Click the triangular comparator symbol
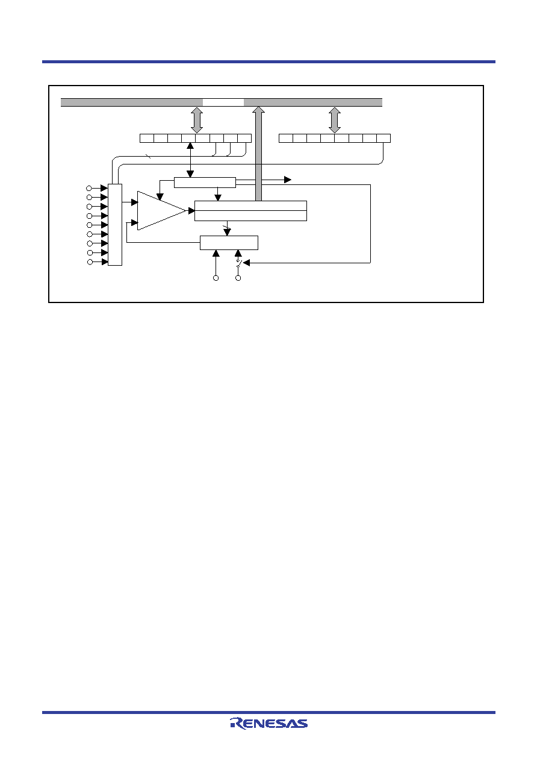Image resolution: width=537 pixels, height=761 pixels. [x=161, y=211]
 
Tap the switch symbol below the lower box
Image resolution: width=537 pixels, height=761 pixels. [x=238, y=263]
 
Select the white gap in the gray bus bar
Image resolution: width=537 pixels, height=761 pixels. [x=223, y=102]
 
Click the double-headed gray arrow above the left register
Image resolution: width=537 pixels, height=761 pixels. [x=197, y=120]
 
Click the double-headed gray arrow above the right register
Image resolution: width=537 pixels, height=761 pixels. [x=335, y=120]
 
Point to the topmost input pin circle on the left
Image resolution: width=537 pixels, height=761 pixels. [x=89, y=188]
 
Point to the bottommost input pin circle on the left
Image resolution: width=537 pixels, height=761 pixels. [x=90, y=262]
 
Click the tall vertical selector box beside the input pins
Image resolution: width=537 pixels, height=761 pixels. [x=115, y=225]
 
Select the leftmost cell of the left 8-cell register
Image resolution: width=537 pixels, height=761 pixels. [x=147, y=138]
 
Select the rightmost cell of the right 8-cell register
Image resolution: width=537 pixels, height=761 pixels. [x=383, y=138]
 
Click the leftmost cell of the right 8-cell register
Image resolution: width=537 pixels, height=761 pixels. [x=286, y=138]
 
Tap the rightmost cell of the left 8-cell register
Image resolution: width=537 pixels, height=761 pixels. [x=244, y=138]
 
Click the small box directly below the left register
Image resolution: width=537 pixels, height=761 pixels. [x=205, y=183]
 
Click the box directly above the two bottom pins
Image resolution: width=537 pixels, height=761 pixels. [x=229, y=243]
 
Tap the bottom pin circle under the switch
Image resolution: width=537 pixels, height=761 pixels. [x=238, y=278]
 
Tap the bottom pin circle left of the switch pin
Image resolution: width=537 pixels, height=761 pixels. [x=216, y=278]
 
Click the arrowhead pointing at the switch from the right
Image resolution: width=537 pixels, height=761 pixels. [x=247, y=263]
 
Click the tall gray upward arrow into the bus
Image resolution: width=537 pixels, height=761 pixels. [x=259, y=154]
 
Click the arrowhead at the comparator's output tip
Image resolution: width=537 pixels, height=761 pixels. [x=191, y=211]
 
